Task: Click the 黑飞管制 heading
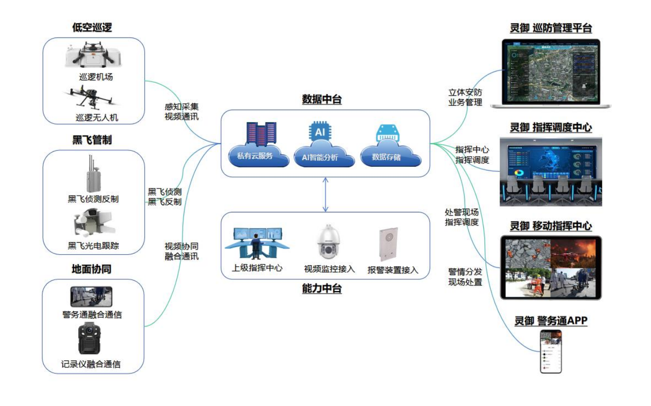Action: click(92, 140)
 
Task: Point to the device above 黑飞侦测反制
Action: click(93, 173)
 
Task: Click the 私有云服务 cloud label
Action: click(255, 156)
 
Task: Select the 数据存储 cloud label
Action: click(387, 156)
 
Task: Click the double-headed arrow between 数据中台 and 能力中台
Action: click(325, 194)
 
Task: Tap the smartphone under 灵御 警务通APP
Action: click(551, 351)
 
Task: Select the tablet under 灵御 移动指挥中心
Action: click(551, 267)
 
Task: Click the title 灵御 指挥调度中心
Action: click(551, 128)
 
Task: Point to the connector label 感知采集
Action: click(182, 106)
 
